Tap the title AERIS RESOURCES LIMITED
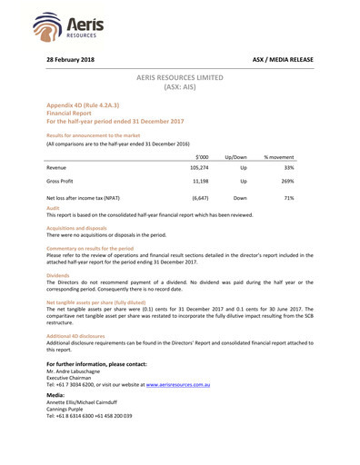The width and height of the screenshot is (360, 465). click(181, 80)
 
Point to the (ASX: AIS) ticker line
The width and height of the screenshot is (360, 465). click(181, 90)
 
